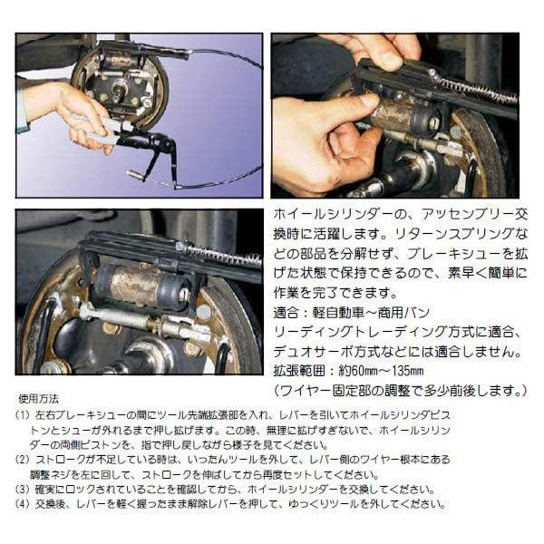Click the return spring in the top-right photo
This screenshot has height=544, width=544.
(476, 87)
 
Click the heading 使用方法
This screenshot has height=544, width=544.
(40, 399)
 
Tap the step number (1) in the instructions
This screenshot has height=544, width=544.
(24, 414)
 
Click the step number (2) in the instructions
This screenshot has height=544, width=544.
(24, 459)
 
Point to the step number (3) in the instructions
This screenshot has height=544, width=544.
(24, 489)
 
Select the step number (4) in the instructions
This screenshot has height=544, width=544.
(24, 504)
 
